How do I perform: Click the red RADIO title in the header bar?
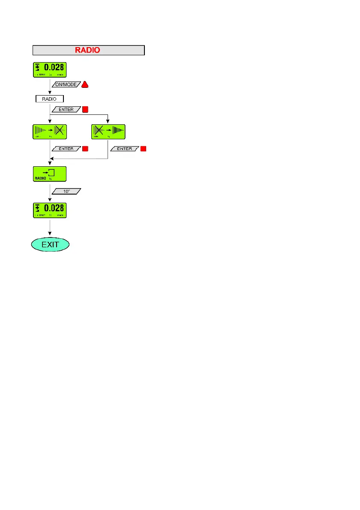click(x=87, y=50)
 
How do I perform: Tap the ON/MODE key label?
click(x=66, y=85)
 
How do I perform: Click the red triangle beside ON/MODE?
click(x=85, y=85)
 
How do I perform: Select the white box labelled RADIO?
click(x=49, y=99)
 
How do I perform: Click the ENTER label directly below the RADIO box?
click(x=66, y=110)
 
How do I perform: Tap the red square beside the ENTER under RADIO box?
click(x=85, y=110)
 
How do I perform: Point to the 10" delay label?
click(x=66, y=191)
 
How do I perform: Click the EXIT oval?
click(x=50, y=245)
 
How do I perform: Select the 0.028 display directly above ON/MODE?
click(x=50, y=70)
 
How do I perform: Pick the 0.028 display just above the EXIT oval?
click(x=50, y=210)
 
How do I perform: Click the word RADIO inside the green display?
click(x=40, y=178)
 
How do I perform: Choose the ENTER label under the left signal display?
click(x=66, y=149)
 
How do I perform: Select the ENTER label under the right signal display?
click(x=125, y=149)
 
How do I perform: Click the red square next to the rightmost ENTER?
click(x=143, y=149)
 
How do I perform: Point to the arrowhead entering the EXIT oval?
click(x=50, y=234)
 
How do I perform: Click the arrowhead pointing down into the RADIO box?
click(x=50, y=93)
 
